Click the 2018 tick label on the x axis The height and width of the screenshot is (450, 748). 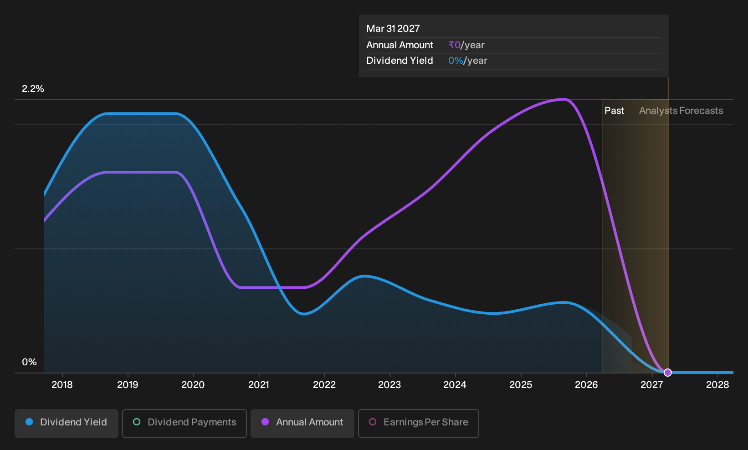point(62,385)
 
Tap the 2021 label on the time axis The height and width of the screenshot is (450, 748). point(259,385)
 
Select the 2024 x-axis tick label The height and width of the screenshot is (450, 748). point(455,385)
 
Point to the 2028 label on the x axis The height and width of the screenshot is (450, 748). point(717,385)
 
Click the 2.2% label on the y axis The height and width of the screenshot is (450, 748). point(33,89)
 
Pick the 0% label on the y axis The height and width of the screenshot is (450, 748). point(30,362)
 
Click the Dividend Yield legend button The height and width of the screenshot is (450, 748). point(67,423)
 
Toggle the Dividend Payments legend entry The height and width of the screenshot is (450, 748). point(184,423)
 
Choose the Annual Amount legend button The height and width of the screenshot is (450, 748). point(302,423)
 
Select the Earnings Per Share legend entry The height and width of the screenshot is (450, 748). point(418,423)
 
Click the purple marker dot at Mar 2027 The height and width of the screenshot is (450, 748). point(667,372)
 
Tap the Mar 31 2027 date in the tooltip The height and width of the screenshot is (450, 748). point(393,29)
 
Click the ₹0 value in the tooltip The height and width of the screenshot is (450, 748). point(455,45)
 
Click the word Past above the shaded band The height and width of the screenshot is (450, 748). point(615,111)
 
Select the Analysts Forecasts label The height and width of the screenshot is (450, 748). point(681,111)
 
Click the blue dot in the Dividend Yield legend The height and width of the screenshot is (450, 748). point(30,422)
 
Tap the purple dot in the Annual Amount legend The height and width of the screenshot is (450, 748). point(265,422)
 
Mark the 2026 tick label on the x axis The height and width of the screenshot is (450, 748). point(586,385)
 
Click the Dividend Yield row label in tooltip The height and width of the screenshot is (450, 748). point(400,61)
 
